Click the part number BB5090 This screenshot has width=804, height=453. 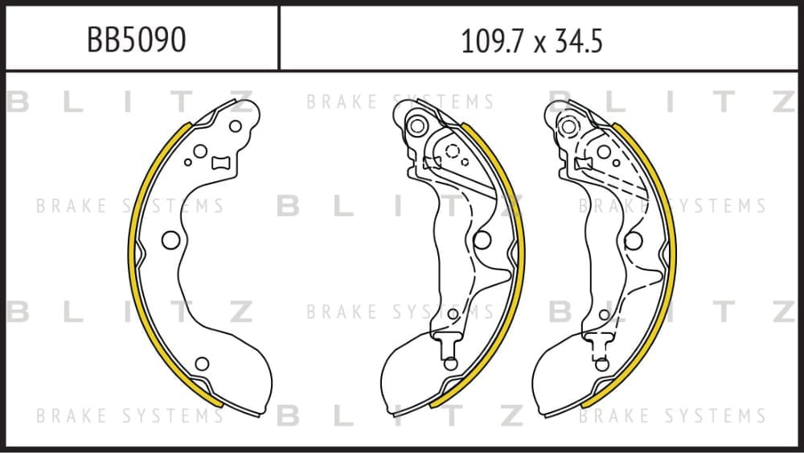click(136, 39)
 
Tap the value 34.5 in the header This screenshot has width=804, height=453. click(578, 41)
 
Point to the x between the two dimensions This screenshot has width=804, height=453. click(539, 44)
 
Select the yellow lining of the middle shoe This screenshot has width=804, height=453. click(522, 257)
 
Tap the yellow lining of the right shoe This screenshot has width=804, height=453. click(673, 257)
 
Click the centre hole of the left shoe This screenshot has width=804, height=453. click(170, 240)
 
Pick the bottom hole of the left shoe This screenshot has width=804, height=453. click(202, 364)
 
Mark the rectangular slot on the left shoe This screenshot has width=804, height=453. click(221, 163)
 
